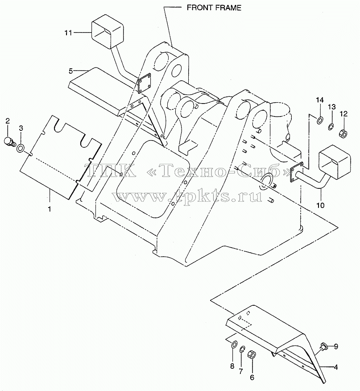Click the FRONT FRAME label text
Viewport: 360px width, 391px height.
214,8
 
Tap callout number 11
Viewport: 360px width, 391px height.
68,33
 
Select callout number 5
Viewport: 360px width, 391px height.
71,71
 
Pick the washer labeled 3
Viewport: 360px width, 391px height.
21,148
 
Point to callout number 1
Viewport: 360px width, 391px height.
50,208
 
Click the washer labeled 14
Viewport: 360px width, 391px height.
319,121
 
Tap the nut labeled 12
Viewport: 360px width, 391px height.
343,134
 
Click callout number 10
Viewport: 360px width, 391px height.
320,205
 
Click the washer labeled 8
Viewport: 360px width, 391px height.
234,345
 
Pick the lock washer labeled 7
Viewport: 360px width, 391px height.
242,349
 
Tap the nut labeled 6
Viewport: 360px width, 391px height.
251,354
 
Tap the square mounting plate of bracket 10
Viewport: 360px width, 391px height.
297,173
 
